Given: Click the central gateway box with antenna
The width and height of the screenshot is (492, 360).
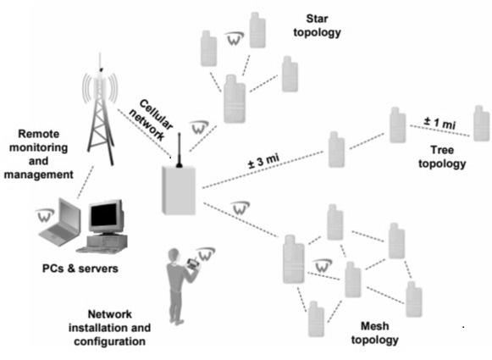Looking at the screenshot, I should (x=180, y=188).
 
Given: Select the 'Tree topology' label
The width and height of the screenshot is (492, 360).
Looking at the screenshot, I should (x=441, y=157).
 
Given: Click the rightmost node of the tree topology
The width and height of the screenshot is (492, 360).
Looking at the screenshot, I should (x=481, y=124).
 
